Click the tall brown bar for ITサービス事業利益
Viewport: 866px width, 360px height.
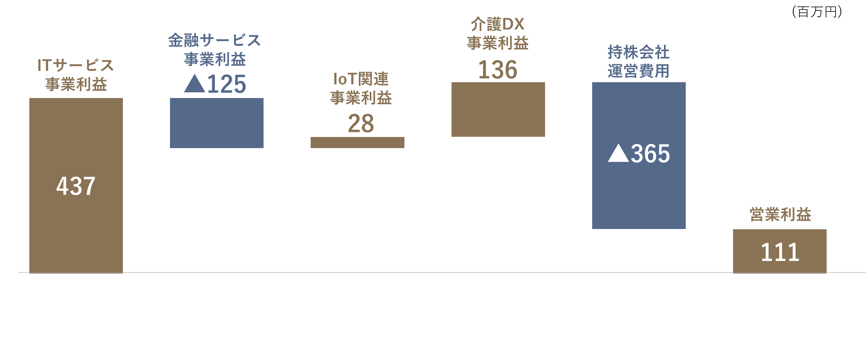tap(76, 186)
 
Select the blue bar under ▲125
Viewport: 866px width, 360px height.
tap(216, 123)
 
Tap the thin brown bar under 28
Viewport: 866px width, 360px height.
tap(357, 143)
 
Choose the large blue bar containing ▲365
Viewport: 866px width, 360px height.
tap(639, 156)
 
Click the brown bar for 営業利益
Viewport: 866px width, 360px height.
tap(780, 251)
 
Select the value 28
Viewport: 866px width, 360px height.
tap(361, 123)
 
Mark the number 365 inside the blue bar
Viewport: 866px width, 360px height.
tap(650, 154)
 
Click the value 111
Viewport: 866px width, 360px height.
tap(780, 252)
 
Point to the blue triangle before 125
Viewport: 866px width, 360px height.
tap(195, 83)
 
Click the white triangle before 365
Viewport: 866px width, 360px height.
tap(618, 153)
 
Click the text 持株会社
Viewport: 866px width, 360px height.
tap(638, 52)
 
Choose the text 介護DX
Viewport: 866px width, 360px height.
tap(498, 24)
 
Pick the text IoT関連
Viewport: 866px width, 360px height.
tap(361, 79)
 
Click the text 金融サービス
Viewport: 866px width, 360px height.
tap(215, 40)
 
